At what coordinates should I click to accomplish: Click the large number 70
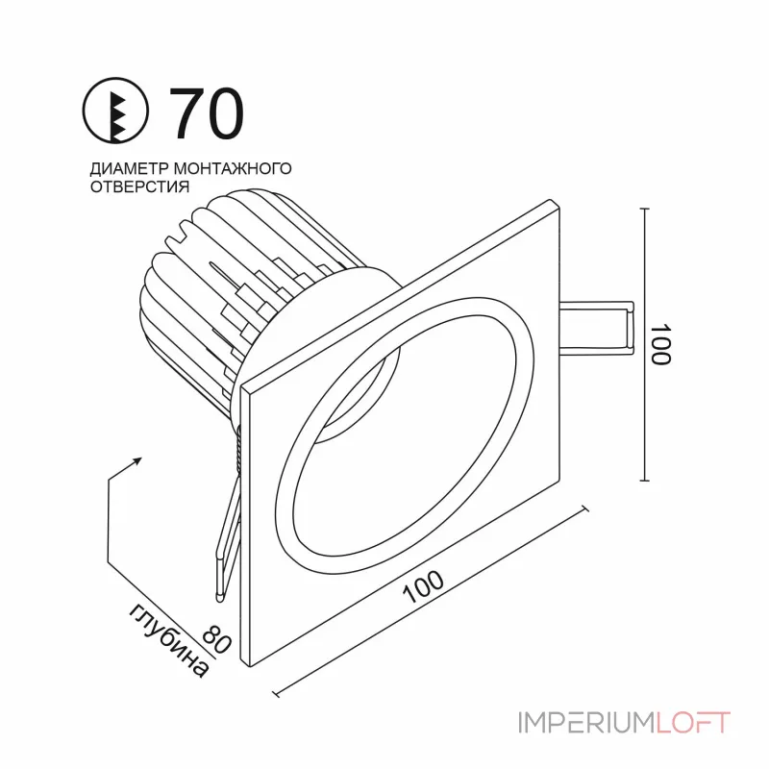pyautogui.click(x=206, y=113)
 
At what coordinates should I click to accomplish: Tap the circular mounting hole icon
pyautogui.click(x=115, y=111)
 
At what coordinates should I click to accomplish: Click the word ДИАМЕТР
pyautogui.click(x=130, y=168)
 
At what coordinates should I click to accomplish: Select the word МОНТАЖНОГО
pyautogui.click(x=233, y=168)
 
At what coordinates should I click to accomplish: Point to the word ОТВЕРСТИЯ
pyautogui.click(x=139, y=186)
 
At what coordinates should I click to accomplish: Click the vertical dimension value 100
pyautogui.click(x=660, y=344)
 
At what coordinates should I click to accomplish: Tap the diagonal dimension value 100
pyautogui.click(x=423, y=586)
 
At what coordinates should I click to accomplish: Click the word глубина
pyautogui.click(x=169, y=640)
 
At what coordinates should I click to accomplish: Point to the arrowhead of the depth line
pyautogui.click(x=137, y=460)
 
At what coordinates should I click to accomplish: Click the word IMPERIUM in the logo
pyautogui.click(x=586, y=723)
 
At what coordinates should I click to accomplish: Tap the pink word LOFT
pyautogui.click(x=693, y=723)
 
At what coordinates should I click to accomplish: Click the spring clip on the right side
pyautogui.click(x=597, y=328)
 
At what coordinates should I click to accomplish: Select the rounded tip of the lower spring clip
pyautogui.click(x=219, y=597)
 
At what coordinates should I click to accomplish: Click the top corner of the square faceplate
pyautogui.click(x=551, y=200)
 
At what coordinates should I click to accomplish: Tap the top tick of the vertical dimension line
pyautogui.click(x=645, y=209)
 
